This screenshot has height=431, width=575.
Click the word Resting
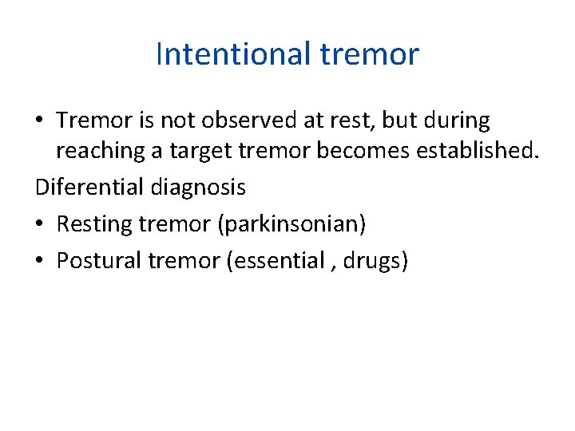[x=94, y=223]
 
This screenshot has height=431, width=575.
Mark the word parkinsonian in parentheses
[x=291, y=223]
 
